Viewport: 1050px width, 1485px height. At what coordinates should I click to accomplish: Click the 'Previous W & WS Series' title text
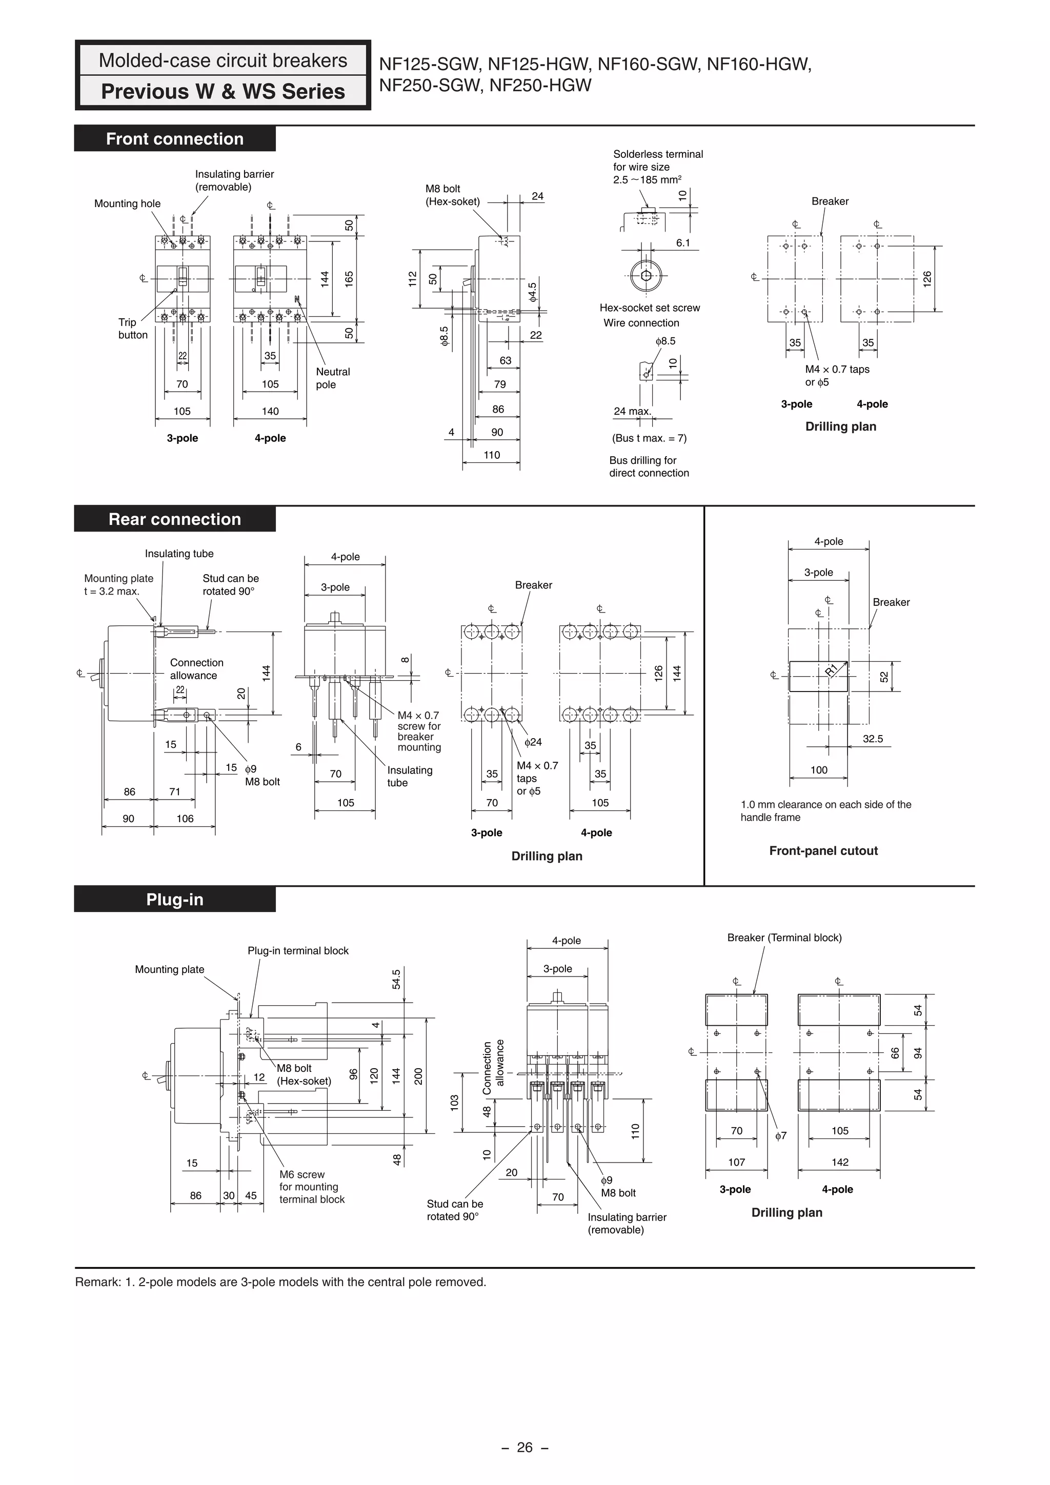tap(223, 91)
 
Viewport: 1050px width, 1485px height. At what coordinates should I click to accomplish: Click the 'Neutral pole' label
tap(333, 378)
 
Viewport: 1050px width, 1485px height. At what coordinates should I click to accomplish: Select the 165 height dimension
tap(349, 279)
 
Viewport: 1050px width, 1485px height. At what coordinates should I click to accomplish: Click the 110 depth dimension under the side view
tap(492, 455)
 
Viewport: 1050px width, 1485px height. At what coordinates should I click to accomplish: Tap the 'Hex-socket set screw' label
tap(649, 308)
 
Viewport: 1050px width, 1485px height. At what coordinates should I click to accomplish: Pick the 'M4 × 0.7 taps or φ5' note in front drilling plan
tap(837, 376)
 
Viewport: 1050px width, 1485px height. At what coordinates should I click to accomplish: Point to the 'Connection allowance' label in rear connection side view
tap(196, 669)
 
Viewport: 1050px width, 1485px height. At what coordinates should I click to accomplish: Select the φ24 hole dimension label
tap(533, 742)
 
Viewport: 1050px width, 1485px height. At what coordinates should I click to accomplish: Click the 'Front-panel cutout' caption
tap(823, 851)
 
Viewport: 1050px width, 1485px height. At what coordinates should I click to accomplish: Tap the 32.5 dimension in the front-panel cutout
tap(872, 739)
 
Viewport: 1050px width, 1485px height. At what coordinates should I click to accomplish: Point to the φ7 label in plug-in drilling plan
tap(781, 1136)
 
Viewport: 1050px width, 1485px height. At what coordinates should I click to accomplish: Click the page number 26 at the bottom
tap(524, 1448)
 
